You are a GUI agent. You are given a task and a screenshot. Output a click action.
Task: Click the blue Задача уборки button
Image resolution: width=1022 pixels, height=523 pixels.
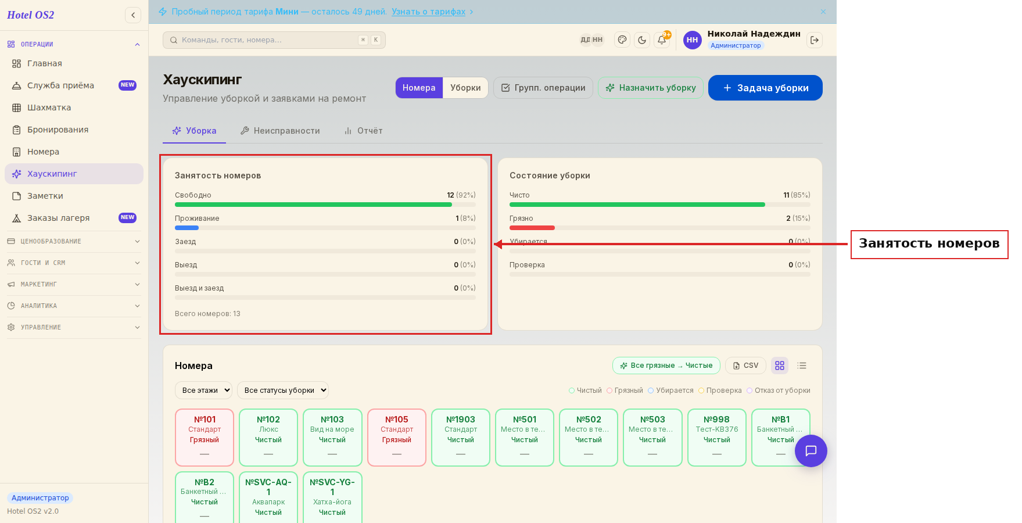pyautogui.click(x=765, y=88)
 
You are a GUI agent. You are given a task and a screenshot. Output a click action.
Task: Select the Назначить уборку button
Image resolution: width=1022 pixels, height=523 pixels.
pyautogui.click(x=651, y=88)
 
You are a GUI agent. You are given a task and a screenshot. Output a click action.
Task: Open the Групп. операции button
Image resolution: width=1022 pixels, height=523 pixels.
pyautogui.click(x=543, y=88)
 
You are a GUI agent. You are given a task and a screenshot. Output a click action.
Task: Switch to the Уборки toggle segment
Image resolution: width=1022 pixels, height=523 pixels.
pyautogui.click(x=465, y=88)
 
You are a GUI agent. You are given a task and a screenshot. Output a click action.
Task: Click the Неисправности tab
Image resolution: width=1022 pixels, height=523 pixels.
pyautogui.click(x=280, y=131)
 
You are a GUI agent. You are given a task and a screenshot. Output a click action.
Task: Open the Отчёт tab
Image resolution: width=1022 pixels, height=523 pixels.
pyautogui.click(x=363, y=131)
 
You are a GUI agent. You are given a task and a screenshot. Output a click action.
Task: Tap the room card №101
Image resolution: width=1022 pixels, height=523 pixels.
pyautogui.click(x=205, y=438)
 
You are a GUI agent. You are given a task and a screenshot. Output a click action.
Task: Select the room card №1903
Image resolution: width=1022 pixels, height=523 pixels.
pyautogui.click(x=461, y=438)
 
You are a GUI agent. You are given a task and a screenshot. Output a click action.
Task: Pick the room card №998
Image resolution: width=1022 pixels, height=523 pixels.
pyautogui.click(x=717, y=438)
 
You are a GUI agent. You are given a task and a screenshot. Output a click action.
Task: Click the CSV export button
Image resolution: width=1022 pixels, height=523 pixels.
pyautogui.click(x=745, y=366)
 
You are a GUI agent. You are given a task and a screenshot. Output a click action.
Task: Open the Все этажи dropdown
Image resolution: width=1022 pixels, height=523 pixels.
pyautogui.click(x=203, y=391)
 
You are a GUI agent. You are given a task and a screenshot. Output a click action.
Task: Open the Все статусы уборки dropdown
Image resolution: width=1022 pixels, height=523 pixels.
pyautogui.click(x=283, y=391)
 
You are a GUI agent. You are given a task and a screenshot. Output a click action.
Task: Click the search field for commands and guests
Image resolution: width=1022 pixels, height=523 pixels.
pyautogui.click(x=274, y=40)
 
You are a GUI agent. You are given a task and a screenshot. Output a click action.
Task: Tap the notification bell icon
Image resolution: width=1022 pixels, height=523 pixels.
pyautogui.click(x=662, y=40)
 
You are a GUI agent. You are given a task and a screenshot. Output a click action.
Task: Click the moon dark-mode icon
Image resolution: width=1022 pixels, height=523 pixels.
pyautogui.click(x=642, y=40)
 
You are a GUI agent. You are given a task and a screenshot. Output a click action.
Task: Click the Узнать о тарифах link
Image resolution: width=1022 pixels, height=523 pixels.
pyautogui.click(x=428, y=12)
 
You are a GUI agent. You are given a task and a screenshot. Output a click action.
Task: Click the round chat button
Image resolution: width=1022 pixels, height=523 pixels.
pyautogui.click(x=811, y=451)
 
